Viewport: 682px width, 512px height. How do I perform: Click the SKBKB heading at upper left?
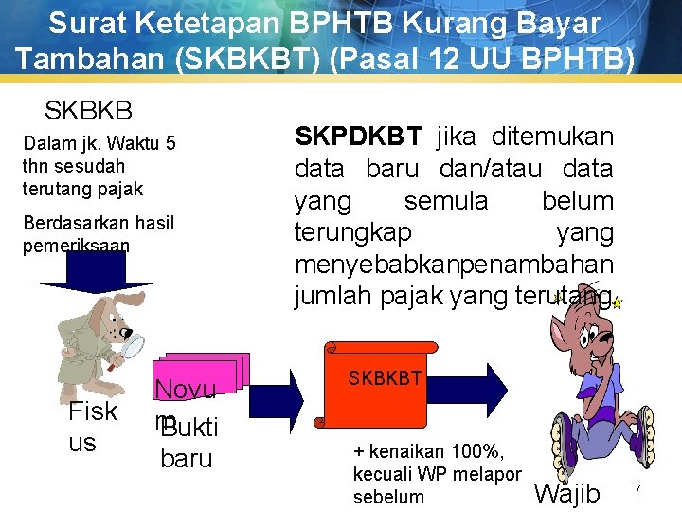coord(88,110)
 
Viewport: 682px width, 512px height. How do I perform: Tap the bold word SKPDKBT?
coord(359,137)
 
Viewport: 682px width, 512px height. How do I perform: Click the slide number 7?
coord(637,489)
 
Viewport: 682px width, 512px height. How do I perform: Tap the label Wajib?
coord(567,494)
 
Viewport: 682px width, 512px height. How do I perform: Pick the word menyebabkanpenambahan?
coord(454,264)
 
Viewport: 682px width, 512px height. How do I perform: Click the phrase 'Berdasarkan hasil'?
coord(99,223)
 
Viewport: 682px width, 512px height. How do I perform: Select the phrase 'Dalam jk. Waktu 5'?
coord(99,144)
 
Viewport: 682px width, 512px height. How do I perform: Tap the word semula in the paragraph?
coord(446,201)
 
